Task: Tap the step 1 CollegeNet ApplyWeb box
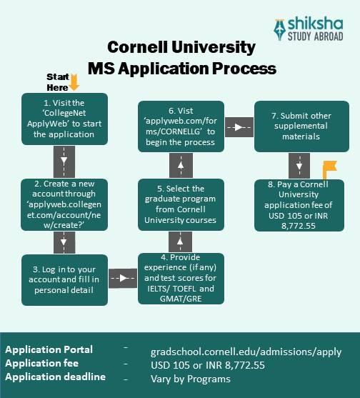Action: [64, 119]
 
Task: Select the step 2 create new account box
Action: [64, 204]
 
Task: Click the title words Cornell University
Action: [181, 47]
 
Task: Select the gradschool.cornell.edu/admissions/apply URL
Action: [246, 352]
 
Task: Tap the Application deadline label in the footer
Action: [55, 377]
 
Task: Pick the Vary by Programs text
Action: [190, 379]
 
